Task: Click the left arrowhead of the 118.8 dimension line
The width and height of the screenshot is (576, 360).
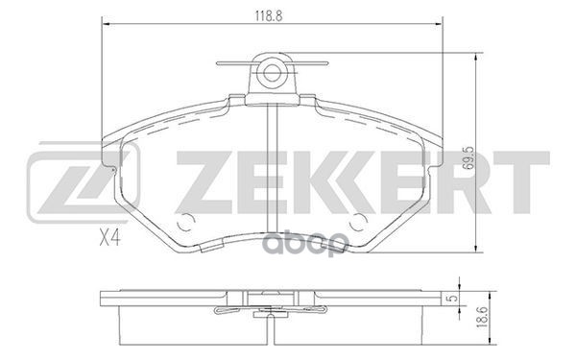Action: point(105,26)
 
